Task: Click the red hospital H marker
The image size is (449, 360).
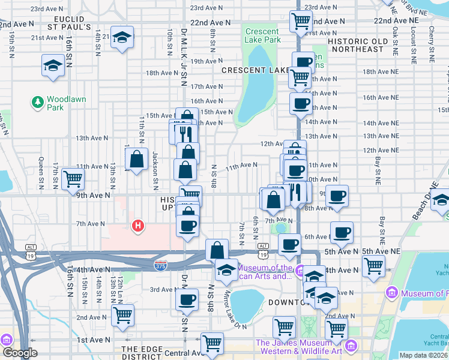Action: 138,226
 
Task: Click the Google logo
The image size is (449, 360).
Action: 19,353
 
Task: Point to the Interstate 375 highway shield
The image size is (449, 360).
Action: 160,264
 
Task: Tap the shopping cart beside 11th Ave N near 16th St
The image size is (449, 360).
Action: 73,178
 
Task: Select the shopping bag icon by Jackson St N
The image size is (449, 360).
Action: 137,159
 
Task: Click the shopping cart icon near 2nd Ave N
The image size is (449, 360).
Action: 122,314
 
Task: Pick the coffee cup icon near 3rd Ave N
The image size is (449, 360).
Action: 187,299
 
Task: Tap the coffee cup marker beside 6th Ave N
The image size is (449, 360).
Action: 342,232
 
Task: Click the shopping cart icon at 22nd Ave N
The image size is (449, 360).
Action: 301,21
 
